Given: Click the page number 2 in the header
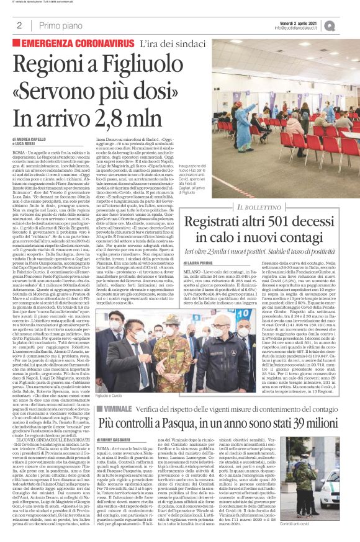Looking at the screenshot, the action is tap(19, 25).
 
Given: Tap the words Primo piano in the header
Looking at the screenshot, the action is tap(60, 25).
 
